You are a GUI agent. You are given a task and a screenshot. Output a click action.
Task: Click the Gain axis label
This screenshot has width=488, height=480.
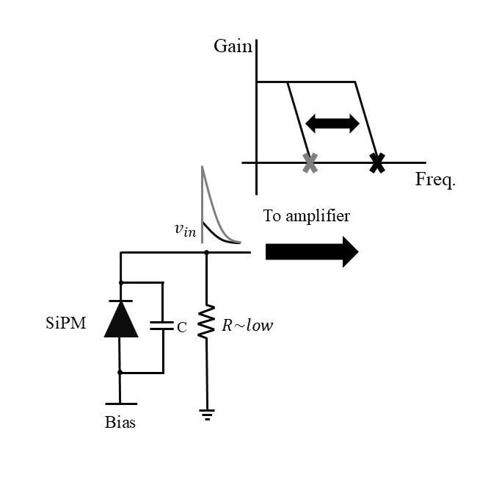click(233, 47)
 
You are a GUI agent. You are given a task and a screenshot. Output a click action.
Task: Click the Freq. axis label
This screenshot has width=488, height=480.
click(435, 179)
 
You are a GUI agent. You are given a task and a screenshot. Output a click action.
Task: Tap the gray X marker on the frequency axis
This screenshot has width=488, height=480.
click(310, 162)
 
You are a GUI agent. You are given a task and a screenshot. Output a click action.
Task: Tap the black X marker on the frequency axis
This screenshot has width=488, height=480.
click(376, 162)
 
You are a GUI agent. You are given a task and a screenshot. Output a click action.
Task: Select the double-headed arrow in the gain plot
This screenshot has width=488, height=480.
click(332, 123)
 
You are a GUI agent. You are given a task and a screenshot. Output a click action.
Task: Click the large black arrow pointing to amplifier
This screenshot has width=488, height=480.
click(311, 252)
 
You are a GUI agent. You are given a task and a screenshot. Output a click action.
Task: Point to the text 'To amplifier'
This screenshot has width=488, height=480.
click(307, 216)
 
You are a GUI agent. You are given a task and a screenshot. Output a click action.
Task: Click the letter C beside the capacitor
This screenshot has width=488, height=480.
click(181, 328)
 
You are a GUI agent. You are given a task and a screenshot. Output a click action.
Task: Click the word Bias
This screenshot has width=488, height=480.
click(121, 423)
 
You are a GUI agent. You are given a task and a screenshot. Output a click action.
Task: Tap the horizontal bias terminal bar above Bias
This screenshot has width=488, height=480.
click(121, 403)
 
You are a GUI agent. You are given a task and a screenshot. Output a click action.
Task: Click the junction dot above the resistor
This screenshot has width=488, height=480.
click(206, 252)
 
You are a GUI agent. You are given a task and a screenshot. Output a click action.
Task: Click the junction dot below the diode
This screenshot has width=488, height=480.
click(121, 373)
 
